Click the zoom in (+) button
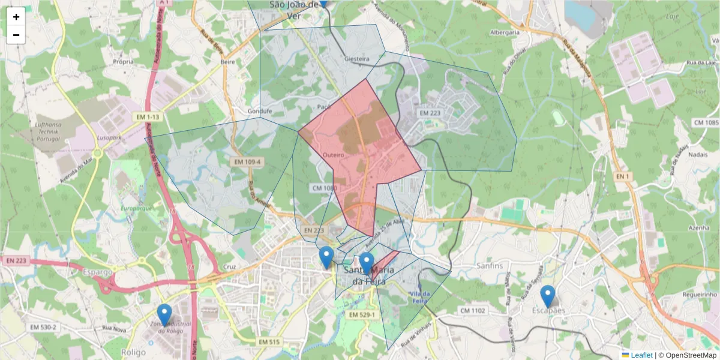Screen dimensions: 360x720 (16, 17)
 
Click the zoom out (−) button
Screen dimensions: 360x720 (16, 35)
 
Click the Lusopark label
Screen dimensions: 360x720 (107, 137)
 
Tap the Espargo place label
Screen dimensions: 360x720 (98, 272)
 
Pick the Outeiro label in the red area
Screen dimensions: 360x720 (333, 155)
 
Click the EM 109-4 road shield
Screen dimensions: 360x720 (247, 162)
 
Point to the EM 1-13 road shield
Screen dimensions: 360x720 (145, 118)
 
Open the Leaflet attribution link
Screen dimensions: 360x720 (641, 355)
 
